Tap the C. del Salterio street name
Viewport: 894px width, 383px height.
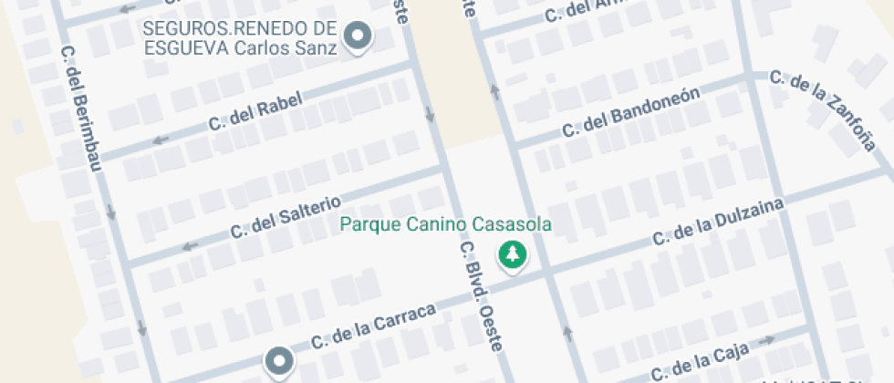(x=286, y=214)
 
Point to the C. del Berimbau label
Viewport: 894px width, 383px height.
(x=81, y=104)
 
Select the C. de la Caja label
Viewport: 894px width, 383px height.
(x=701, y=360)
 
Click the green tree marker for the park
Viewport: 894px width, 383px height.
(x=512, y=254)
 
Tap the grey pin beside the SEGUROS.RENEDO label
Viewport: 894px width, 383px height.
(x=360, y=37)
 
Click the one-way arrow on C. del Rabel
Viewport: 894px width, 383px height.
(x=161, y=140)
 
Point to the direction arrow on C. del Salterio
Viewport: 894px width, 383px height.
(x=190, y=246)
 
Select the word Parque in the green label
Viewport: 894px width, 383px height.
(x=367, y=223)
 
